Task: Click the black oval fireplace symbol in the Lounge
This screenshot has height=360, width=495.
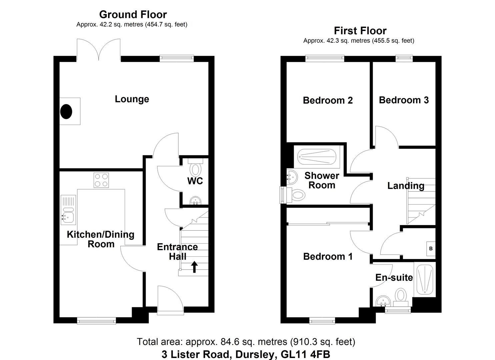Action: click(x=66, y=111)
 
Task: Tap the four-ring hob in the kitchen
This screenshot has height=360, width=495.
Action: click(x=101, y=180)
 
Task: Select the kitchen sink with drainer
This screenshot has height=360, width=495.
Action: click(x=68, y=209)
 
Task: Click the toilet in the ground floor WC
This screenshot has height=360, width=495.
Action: click(x=195, y=168)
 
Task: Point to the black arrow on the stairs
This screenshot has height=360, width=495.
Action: click(x=194, y=267)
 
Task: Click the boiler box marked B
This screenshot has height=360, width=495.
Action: click(x=431, y=249)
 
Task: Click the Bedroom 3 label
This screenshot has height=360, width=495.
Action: click(x=404, y=100)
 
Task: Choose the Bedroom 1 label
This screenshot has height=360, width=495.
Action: click(x=328, y=256)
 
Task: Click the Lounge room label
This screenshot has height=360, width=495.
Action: click(x=132, y=99)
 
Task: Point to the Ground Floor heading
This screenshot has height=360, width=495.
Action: click(x=133, y=14)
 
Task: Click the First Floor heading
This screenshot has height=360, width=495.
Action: click(x=360, y=31)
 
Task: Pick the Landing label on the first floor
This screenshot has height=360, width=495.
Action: click(x=406, y=186)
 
